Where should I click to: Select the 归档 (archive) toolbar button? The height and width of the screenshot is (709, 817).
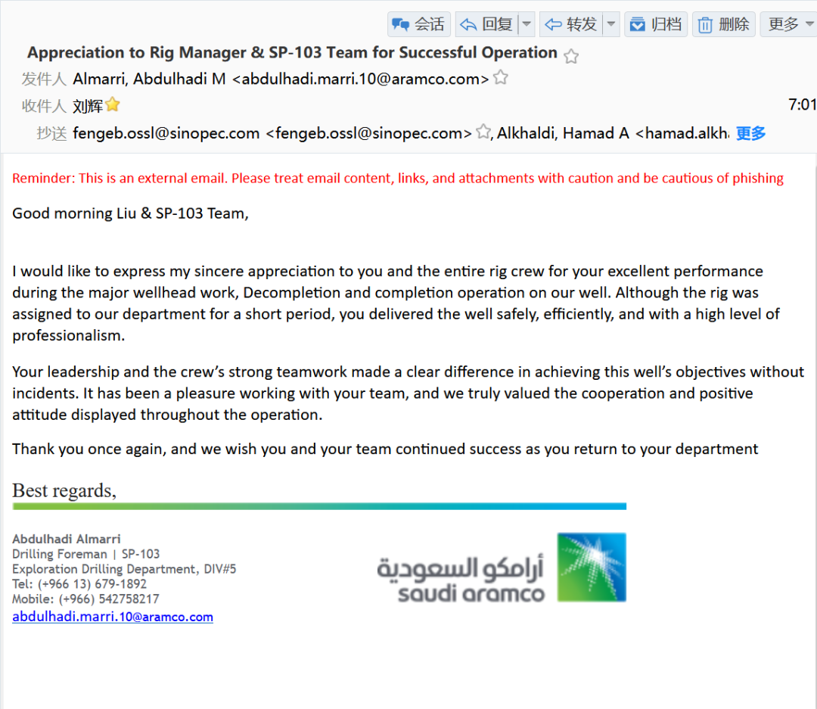[656, 24]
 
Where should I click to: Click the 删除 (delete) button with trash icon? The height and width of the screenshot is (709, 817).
[723, 24]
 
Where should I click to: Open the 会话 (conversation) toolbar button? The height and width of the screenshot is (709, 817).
[418, 24]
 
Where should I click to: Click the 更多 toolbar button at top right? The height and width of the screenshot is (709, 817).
[787, 24]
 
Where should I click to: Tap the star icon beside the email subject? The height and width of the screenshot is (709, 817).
[572, 56]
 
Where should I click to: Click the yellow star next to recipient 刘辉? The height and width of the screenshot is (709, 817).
[113, 105]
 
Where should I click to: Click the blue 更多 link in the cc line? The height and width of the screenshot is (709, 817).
[750, 134]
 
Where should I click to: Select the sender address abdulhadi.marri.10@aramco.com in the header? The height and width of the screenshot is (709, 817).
[365, 79]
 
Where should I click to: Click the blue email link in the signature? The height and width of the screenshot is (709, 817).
[113, 617]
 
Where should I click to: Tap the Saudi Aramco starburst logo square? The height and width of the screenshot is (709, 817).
[592, 567]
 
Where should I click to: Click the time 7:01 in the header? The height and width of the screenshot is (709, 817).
[802, 105]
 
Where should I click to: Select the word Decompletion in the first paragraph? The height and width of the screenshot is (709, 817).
[284, 293]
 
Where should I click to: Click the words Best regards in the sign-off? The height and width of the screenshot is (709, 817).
[64, 490]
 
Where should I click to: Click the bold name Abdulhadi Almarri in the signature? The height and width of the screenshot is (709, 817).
[67, 540]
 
